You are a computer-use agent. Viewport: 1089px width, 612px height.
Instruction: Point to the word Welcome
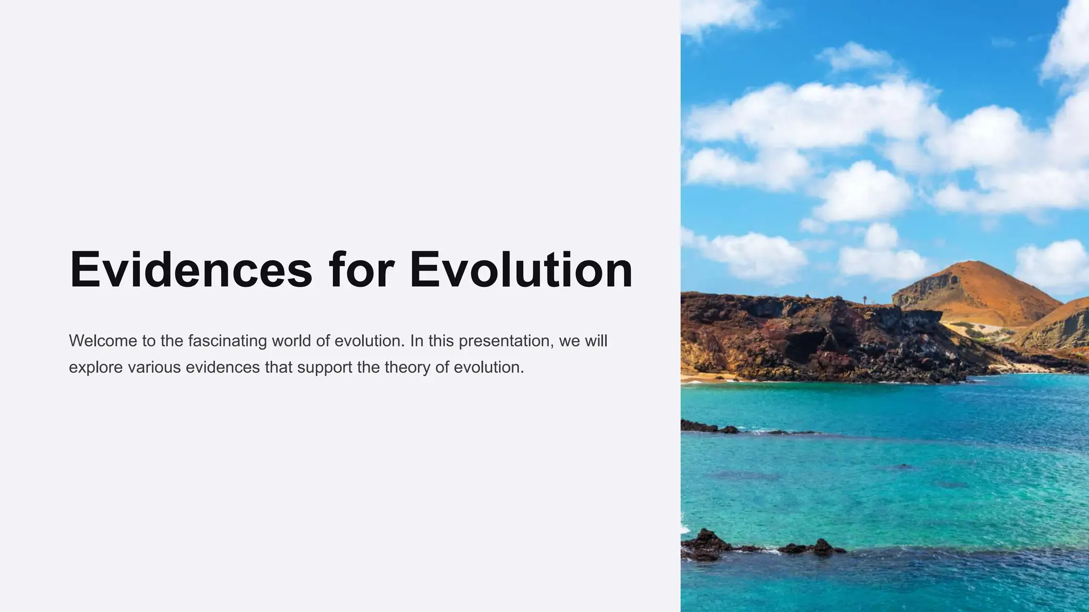point(103,341)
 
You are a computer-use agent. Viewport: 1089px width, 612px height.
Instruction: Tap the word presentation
point(506,341)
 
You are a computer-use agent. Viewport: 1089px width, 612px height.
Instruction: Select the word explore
point(96,368)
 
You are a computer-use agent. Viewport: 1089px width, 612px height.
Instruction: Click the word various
point(154,367)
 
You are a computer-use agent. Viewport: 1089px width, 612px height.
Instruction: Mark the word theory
point(407,368)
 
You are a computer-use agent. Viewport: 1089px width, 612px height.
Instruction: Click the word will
point(596,341)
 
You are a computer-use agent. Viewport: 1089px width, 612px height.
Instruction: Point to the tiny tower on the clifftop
point(865,299)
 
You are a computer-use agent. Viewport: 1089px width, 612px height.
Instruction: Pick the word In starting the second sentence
point(416,341)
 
